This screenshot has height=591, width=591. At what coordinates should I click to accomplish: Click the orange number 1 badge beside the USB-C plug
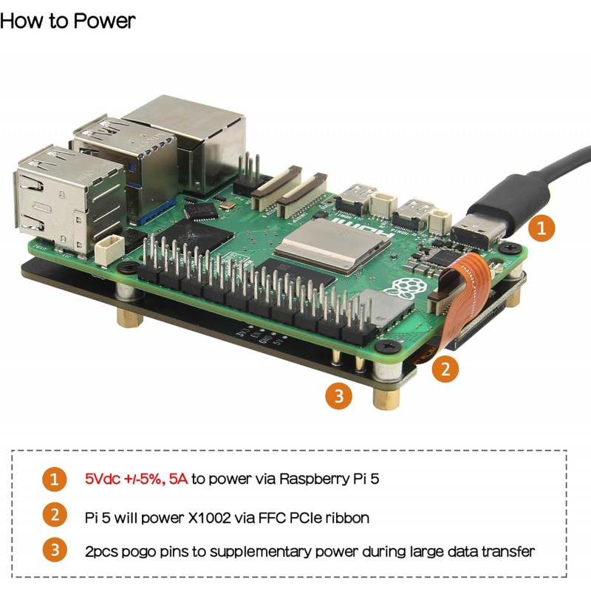click(x=542, y=228)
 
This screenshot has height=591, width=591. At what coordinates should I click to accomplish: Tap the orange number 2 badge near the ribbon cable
click(x=445, y=368)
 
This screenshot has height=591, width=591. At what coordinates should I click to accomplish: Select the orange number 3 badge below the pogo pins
click(x=339, y=396)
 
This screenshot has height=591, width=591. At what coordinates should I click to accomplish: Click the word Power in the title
click(x=104, y=21)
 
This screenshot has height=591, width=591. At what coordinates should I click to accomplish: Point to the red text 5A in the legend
click(x=178, y=479)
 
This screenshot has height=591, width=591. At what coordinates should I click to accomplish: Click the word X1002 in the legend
click(x=210, y=518)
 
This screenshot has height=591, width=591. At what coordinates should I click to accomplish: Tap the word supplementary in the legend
click(x=260, y=552)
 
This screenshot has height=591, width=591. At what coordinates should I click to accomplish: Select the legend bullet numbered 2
click(x=55, y=515)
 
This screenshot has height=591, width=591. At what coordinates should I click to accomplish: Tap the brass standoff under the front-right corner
click(x=386, y=399)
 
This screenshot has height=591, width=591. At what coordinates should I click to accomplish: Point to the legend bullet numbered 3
click(x=55, y=550)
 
